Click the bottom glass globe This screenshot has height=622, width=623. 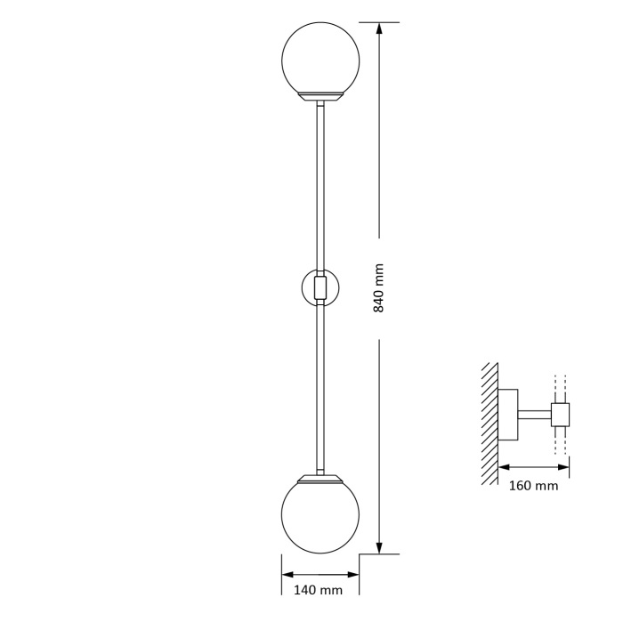tap(320, 516)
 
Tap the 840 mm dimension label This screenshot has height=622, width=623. tap(379, 288)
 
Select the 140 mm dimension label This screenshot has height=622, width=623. tap(318, 590)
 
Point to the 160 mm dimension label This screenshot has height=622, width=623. tap(534, 485)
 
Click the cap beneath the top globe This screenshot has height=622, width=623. tap(320, 96)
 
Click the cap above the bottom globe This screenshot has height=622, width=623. tap(320, 478)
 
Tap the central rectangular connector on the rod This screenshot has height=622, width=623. tap(320, 288)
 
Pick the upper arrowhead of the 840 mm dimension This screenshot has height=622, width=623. tap(379, 29)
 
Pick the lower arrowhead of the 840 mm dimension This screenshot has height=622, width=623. tap(379, 546)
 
